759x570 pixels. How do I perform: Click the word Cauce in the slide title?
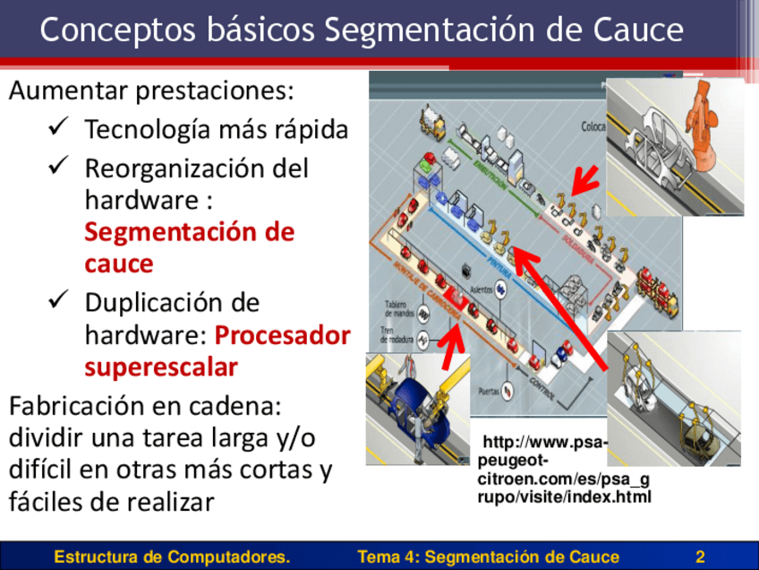(x=636, y=30)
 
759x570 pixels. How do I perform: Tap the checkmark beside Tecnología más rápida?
(x=61, y=128)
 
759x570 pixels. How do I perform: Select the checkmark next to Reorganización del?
(x=61, y=166)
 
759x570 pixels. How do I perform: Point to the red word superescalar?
(x=161, y=367)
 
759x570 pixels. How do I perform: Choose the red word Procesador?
(x=283, y=335)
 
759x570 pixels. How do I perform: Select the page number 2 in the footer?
(x=700, y=557)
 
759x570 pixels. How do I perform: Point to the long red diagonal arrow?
(x=564, y=310)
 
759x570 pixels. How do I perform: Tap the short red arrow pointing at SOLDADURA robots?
(x=585, y=179)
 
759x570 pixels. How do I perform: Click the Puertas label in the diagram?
(x=490, y=390)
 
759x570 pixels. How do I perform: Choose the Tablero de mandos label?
(x=401, y=308)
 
